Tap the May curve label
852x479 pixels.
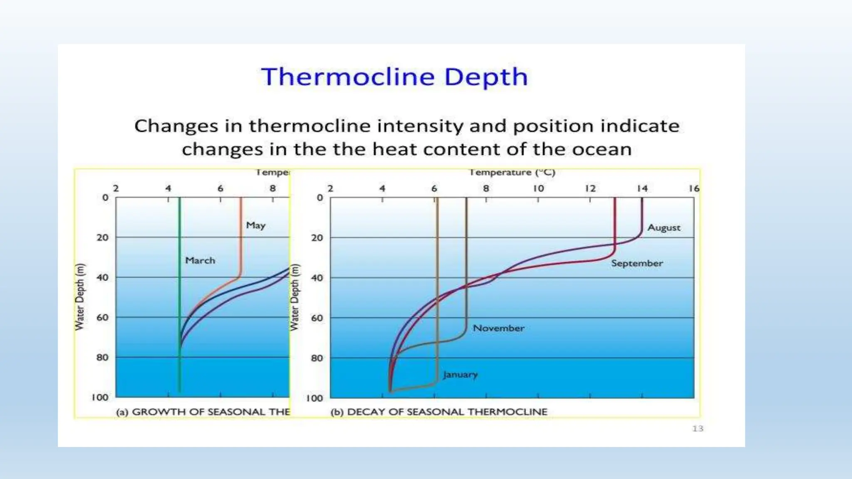(255, 225)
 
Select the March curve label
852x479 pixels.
(200, 261)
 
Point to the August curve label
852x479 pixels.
(664, 228)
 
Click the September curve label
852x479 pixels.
(637, 264)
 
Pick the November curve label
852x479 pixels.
(498, 328)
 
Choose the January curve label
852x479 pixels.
(460, 375)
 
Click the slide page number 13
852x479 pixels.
(698, 429)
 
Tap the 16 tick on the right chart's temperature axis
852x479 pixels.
(694, 188)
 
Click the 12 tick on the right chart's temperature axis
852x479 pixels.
(590, 188)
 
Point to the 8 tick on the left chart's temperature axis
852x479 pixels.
(272, 188)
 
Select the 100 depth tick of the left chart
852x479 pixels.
(100, 398)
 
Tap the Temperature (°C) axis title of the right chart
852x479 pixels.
(513, 173)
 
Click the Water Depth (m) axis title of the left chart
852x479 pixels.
(79, 297)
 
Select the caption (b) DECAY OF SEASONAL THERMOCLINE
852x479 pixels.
(439, 412)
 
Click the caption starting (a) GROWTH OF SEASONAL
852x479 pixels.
(203, 412)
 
